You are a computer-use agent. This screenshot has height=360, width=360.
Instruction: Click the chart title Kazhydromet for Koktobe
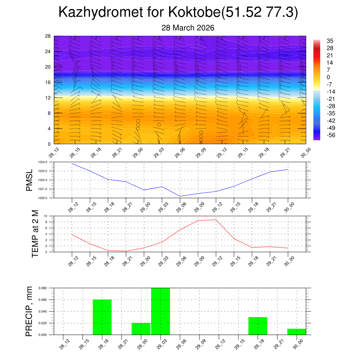[178, 12]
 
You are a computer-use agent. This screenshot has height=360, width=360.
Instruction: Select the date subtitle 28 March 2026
[188, 28]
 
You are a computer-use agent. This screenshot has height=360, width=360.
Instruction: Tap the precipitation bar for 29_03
[160, 311]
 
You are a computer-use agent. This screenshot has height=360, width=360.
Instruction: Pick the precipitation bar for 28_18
[102, 317]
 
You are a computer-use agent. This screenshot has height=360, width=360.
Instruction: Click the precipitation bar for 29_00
[141, 329]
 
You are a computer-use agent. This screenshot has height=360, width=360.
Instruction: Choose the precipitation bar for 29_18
[258, 326]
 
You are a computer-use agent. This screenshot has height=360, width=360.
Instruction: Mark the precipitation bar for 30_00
[296, 332]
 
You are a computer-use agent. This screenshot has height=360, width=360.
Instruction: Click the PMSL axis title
[29, 180]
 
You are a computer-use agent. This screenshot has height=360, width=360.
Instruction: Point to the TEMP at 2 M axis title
[35, 233]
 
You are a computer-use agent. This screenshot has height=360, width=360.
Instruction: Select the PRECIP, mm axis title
[29, 311]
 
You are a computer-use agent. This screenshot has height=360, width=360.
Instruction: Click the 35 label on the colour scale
[330, 41]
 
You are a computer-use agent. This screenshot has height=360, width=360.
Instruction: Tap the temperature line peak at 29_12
[216, 220]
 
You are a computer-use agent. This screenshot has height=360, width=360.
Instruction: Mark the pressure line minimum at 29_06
[180, 196]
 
